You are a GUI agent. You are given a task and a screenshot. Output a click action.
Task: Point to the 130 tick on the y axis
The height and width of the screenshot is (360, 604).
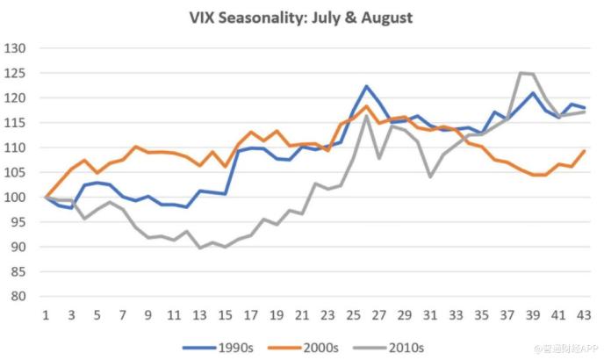point(16,48)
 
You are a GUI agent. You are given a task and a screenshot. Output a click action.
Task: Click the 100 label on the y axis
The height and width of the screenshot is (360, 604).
point(16,197)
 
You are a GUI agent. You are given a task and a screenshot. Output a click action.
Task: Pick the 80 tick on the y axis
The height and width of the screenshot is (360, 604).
point(19,296)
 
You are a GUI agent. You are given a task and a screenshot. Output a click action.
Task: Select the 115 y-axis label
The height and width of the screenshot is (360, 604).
point(16,123)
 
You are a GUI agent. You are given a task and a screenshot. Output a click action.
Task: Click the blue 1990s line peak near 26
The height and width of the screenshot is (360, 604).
point(366,86)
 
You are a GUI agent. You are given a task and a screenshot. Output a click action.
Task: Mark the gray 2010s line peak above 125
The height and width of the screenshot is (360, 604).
point(522,73)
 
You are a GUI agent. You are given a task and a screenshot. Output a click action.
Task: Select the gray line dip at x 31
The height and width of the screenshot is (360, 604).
point(430,176)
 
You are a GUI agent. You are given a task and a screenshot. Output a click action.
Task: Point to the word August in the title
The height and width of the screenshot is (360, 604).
point(382,17)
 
